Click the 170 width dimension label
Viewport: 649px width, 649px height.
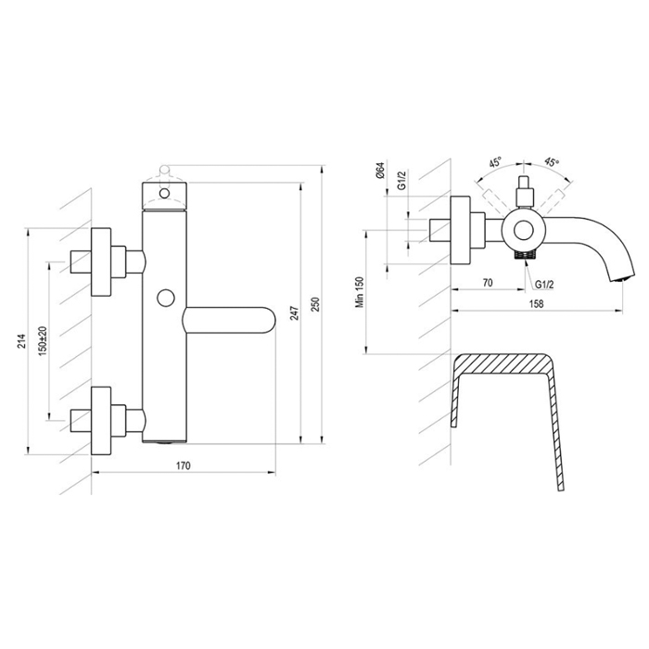coord(184,465)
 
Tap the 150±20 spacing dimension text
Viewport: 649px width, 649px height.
coord(43,341)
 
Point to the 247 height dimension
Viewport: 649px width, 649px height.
coord(294,313)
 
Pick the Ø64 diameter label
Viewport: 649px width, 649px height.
coord(381,171)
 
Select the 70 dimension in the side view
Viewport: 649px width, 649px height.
coord(488,283)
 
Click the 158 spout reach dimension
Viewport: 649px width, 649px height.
coord(537,303)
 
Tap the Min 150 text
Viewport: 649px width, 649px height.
coord(360,292)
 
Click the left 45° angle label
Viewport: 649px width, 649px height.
coord(495,162)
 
